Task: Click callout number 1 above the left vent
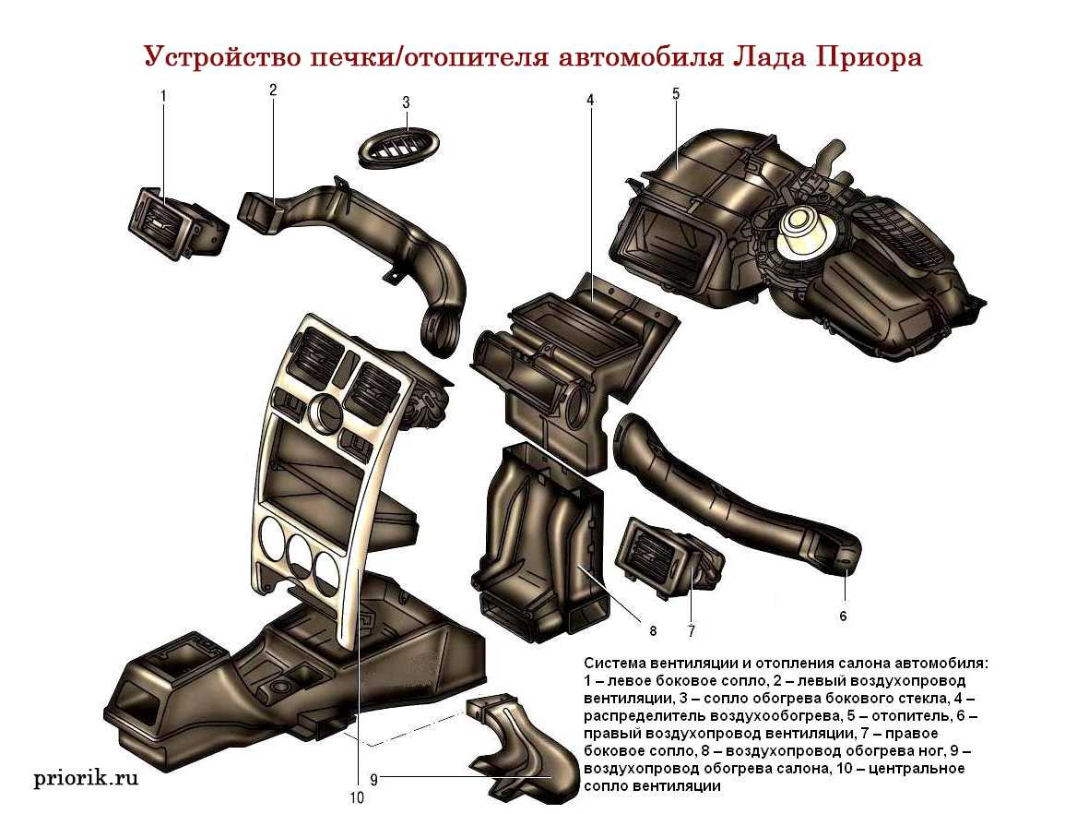[163, 95]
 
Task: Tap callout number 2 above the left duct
[273, 90]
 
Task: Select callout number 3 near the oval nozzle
[406, 102]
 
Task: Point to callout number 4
[590, 98]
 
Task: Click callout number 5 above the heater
[676, 93]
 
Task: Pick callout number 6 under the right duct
[842, 615]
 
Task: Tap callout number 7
[691, 631]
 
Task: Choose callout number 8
[652, 631]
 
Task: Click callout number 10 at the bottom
[357, 796]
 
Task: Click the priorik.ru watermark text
[86, 778]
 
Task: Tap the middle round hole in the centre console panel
[299, 552]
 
